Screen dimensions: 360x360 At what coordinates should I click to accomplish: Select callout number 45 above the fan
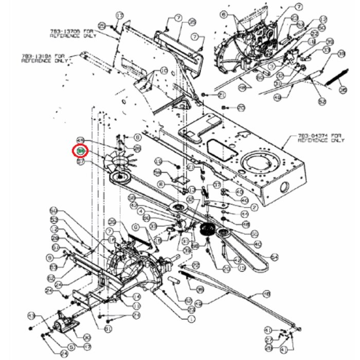point(80,140)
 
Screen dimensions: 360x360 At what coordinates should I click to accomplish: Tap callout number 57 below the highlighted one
point(80,161)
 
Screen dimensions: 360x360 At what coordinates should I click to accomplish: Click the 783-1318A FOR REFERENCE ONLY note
point(44,57)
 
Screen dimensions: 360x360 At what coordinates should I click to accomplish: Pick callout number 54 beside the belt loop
point(274,257)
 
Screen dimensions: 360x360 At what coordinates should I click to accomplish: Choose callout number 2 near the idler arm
point(254,207)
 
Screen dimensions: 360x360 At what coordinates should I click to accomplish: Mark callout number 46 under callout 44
point(245,224)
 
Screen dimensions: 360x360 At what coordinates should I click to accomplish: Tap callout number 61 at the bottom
point(108,329)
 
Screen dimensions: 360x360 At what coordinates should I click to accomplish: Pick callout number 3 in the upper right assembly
point(286,66)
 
